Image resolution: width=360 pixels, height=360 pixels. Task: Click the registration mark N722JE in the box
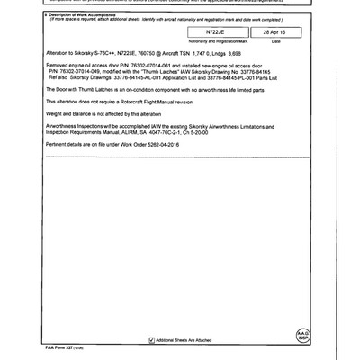214,31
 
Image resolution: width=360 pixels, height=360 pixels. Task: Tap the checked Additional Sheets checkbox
151,339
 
